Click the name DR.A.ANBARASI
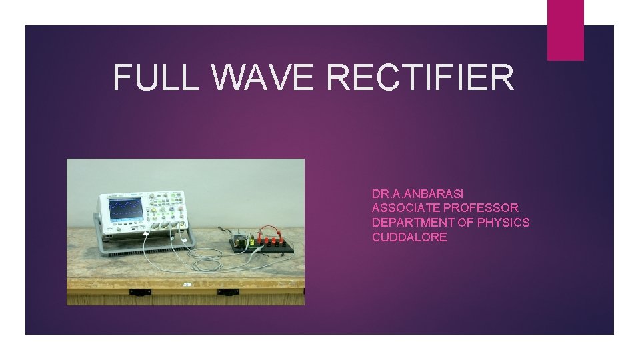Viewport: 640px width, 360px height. pyautogui.click(x=417, y=194)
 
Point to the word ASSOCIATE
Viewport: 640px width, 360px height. pyautogui.click(x=403, y=208)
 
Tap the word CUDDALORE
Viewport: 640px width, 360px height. pyautogui.click(x=409, y=237)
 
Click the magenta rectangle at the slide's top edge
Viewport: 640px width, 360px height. pyautogui.click(x=565, y=30)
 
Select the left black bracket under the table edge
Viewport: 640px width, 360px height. pyautogui.click(x=140, y=292)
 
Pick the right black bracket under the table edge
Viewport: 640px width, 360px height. pyautogui.click(x=228, y=292)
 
